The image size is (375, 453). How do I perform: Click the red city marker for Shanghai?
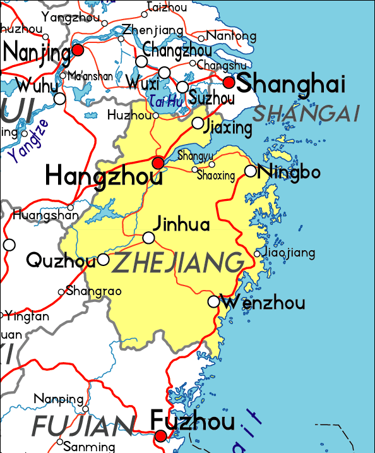pyautogui.click(x=230, y=82)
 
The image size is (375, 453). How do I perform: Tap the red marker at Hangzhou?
pyautogui.click(x=158, y=163)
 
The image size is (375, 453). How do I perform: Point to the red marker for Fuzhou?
pyautogui.click(x=161, y=436)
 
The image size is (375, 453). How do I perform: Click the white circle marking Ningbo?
pyautogui.click(x=251, y=171)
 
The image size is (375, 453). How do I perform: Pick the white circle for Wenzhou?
pyautogui.click(x=214, y=302)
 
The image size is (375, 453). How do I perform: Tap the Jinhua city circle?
pyautogui.click(x=148, y=238)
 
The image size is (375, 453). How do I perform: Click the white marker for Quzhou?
pyautogui.click(x=104, y=260)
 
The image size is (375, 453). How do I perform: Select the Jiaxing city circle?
pyautogui.click(x=198, y=123)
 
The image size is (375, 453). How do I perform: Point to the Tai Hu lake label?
pyautogui.click(x=166, y=99)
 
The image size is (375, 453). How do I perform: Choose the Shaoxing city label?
pyautogui.click(x=216, y=176)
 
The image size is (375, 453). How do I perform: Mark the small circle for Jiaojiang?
pyautogui.click(x=257, y=254)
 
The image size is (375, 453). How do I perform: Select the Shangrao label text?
pyautogui.click(x=93, y=291)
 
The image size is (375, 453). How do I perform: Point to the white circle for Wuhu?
pyautogui.click(x=59, y=99)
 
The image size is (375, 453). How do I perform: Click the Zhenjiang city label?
pyautogui.click(x=153, y=30)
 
